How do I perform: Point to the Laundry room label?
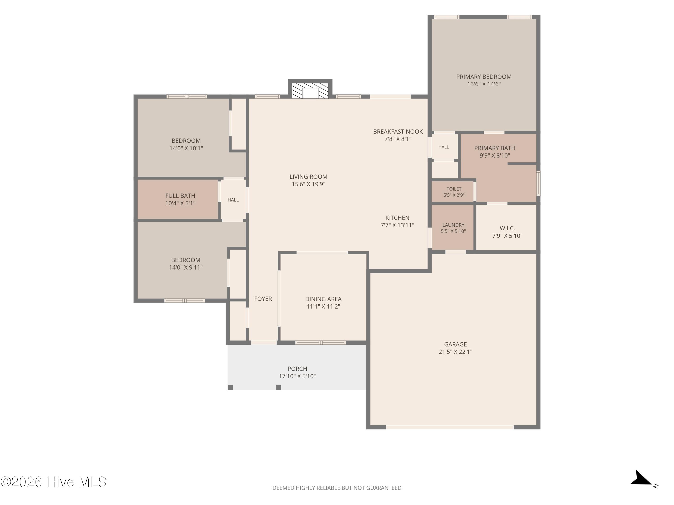pyautogui.click(x=453, y=225)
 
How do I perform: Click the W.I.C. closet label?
pyautogui.click(x=507, y=228)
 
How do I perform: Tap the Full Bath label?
pyautogui.click(x=180, y=196)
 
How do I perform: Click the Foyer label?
pyautogui.click(x=263, y=299)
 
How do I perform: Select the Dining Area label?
pyautogui.click(x=323, y=299)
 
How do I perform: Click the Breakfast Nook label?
pyautogui.click(x=398, y=132)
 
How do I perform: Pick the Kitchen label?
pyautogui.click(x=397, y=218)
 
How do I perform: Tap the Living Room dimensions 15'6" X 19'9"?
pyautogui.click(x=308, y=184)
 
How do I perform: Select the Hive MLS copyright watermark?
pyautogui.click(x=54, y=482)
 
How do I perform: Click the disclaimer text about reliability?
pyautogui.click(x=337, y=488)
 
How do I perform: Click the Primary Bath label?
pyautogui.click(x=494, y=148)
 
